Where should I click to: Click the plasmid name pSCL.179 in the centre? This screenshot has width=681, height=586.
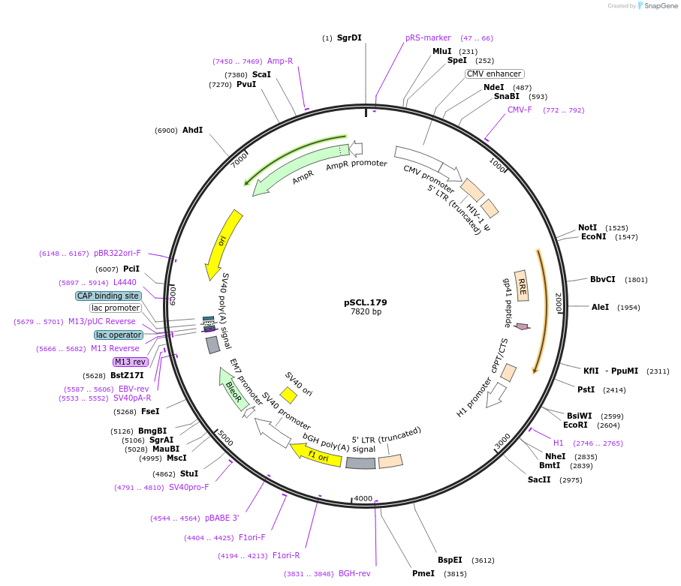[x=366, y=302]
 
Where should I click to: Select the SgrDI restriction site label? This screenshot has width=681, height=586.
[x=349, y=38]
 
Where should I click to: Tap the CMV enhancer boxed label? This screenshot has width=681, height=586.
[x=494, y=74]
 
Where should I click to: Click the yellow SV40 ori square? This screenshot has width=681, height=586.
[x=288, y=395]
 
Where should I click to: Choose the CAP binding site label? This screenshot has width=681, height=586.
[x=108, y=296]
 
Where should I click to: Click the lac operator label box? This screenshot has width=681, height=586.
[x=118, y=335]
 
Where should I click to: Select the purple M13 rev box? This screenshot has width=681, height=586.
[x=131, y=362]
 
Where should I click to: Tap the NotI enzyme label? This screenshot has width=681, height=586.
[x=588, y=227]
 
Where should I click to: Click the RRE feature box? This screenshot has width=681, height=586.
[x=521, y=285]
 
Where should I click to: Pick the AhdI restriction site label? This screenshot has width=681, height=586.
[x=193, y=130]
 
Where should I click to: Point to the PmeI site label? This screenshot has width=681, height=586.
[x=423, y=573]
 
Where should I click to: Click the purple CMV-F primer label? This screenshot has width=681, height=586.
[x=520, y=110]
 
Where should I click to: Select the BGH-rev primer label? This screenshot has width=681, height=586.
[x=354, y=573]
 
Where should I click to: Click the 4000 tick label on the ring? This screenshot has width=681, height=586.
[x=363, y=498]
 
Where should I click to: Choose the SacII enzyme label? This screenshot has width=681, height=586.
[x=539, y=479]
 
